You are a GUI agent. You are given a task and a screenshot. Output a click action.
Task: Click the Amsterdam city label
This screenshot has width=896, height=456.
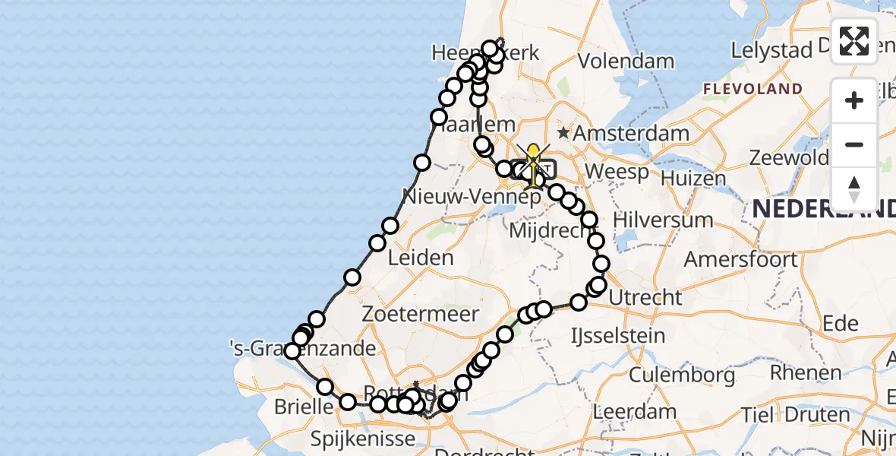coord(631,135)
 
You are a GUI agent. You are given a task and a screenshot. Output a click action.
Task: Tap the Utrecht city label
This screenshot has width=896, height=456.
coord(645,297)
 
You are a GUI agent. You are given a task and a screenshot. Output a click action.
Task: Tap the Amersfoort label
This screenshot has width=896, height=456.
coord(740,259)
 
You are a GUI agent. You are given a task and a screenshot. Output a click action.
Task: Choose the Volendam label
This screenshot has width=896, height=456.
coord(626,61)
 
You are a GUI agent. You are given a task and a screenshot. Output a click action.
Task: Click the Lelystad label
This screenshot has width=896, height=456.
coord(771,51)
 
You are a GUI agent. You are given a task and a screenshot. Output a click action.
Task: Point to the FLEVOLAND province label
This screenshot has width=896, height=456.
coord(752,89)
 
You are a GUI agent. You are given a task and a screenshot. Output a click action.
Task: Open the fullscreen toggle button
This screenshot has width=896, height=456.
coord(854,41)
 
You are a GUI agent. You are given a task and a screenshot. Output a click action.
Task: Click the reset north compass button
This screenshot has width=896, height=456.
coord(854,188)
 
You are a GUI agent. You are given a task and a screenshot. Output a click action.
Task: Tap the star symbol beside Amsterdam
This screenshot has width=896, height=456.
coord(563,134)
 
